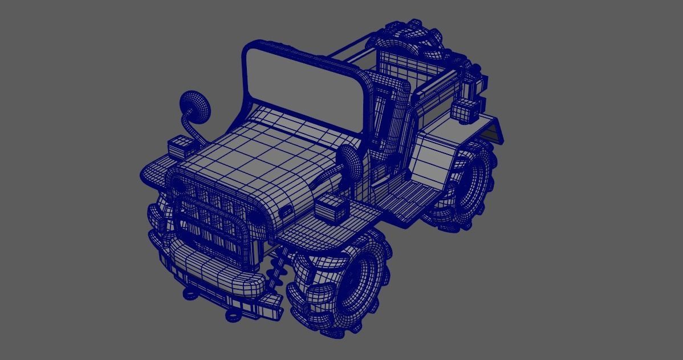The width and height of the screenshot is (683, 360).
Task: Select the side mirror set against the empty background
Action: (196, 107)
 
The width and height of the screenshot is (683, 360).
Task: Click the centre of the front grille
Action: (211, 220)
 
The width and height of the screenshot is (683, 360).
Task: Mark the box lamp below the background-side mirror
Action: (182, 147)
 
